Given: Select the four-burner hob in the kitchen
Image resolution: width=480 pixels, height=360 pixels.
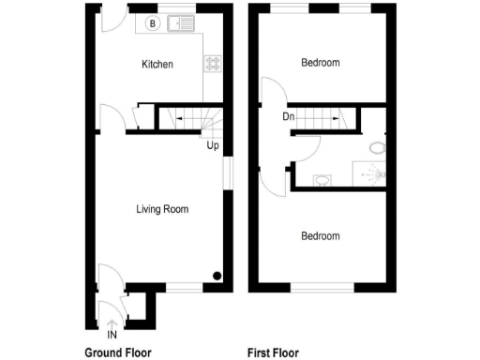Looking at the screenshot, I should [213, 64].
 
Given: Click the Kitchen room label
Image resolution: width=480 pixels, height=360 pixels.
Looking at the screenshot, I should [157, 64].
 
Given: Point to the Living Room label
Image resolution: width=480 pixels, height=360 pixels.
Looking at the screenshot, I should [162, 209].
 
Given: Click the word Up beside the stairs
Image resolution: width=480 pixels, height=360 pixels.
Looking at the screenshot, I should [213, 145].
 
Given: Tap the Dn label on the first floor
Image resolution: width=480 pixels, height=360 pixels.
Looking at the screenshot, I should [288, 117].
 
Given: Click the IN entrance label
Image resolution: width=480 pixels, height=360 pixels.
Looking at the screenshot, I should [112, 335].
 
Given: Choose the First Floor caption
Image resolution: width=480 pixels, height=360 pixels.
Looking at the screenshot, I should [273, 353].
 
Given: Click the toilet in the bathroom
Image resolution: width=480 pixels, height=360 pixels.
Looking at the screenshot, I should [376, 148].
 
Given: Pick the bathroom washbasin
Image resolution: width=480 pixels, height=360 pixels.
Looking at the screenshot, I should [322, 180].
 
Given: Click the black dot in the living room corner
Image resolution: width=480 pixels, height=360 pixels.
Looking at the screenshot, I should [217, 276].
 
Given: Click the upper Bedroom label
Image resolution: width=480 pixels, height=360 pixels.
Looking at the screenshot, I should [320, 63].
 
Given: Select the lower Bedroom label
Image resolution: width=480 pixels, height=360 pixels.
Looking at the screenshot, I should [320, 236].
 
